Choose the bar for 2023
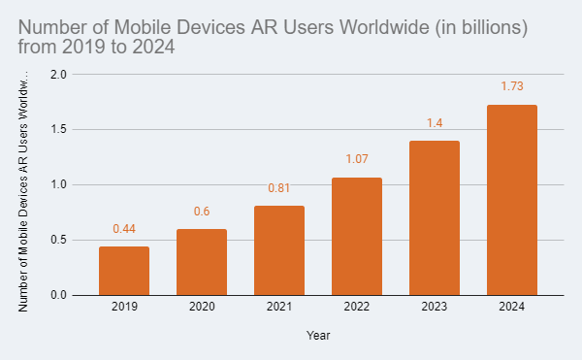point(435,217)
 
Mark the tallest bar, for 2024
point(512,200)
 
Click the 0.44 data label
point(124,229)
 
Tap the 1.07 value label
point(357,159)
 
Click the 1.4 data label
point(435,123)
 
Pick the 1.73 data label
point(512,86)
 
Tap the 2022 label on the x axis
point(357,308)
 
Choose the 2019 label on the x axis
point(124,308)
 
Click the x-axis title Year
point(318,335)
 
